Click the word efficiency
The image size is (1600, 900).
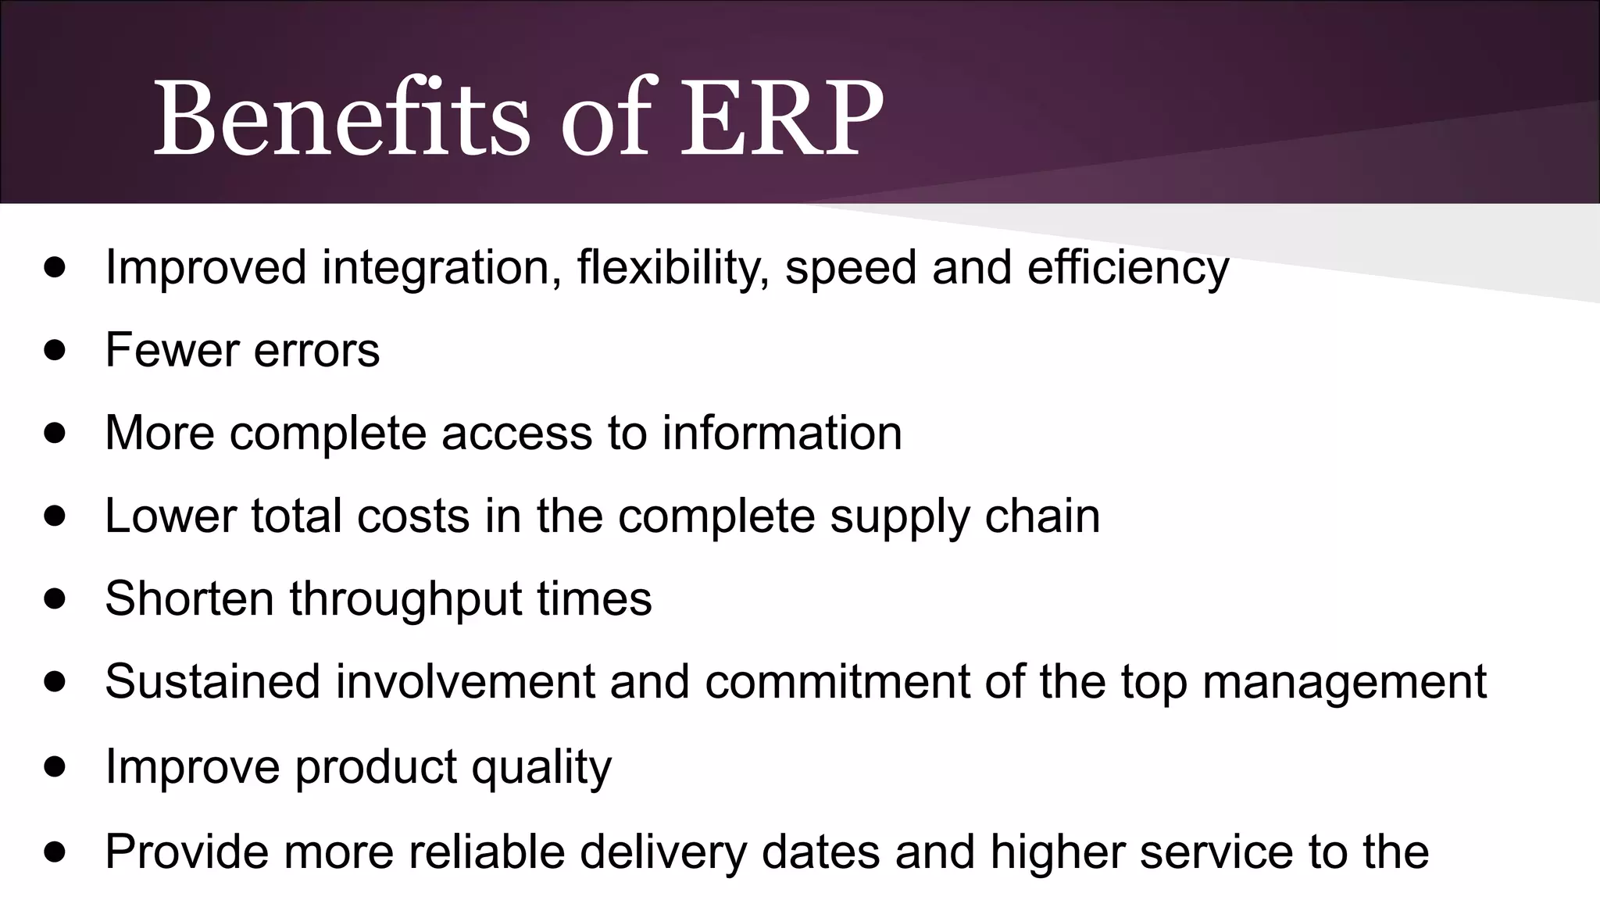pyautogui.click(x=1127, y=267)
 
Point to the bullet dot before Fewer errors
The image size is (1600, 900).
pyautogui.click(x=55, y=349)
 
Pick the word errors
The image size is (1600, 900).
pyautogui.click(x=316, y=350)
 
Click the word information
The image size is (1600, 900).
pyautogui.click(x=782, y=433)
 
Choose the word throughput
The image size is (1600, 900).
pyautogui.click(x=405, y=600)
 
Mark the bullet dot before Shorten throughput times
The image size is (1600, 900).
pyautogui.click(x=55, y=598)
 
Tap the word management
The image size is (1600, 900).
pyautogui.click(x=1344, y=683)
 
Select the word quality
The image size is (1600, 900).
pyautogui.click(x=541, y=768)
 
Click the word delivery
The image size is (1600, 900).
pyautogui.click(x=663, y=852)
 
